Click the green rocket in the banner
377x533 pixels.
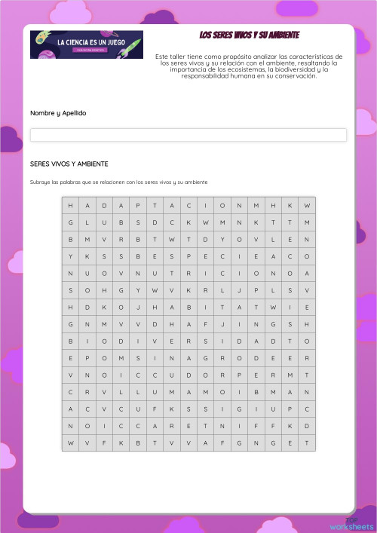pos(133,43)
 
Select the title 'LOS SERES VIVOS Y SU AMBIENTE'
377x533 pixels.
pos(250,35)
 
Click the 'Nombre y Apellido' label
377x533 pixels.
pos(58,113)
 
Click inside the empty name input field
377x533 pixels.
pos(188,135)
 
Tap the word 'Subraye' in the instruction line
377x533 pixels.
pos(40,182)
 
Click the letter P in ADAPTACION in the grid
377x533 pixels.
pos(138,206)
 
